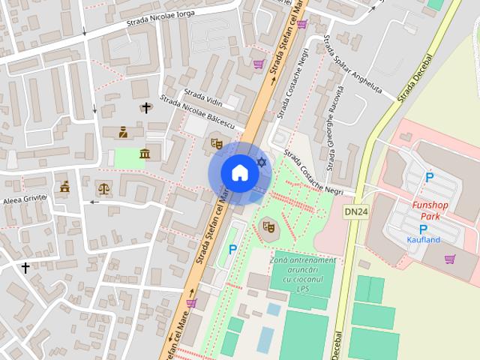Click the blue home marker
click(x=239, y=172)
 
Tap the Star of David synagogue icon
click(x=262, y=162)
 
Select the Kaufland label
click(x=424, y=240)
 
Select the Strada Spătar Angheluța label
click(x=352, y=68)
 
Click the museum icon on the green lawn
click(x=144, y=154)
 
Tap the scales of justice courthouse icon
click(x=103, y=188)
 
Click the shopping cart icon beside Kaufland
click(x=449, y=259)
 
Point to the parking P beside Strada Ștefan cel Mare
click(x=232, y=249)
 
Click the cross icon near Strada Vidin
click(x=145, y=108)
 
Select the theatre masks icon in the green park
click(x=267, y=226)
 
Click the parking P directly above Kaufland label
click(x=423, y=229)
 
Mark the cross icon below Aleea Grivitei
click(x=25, y=268)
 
